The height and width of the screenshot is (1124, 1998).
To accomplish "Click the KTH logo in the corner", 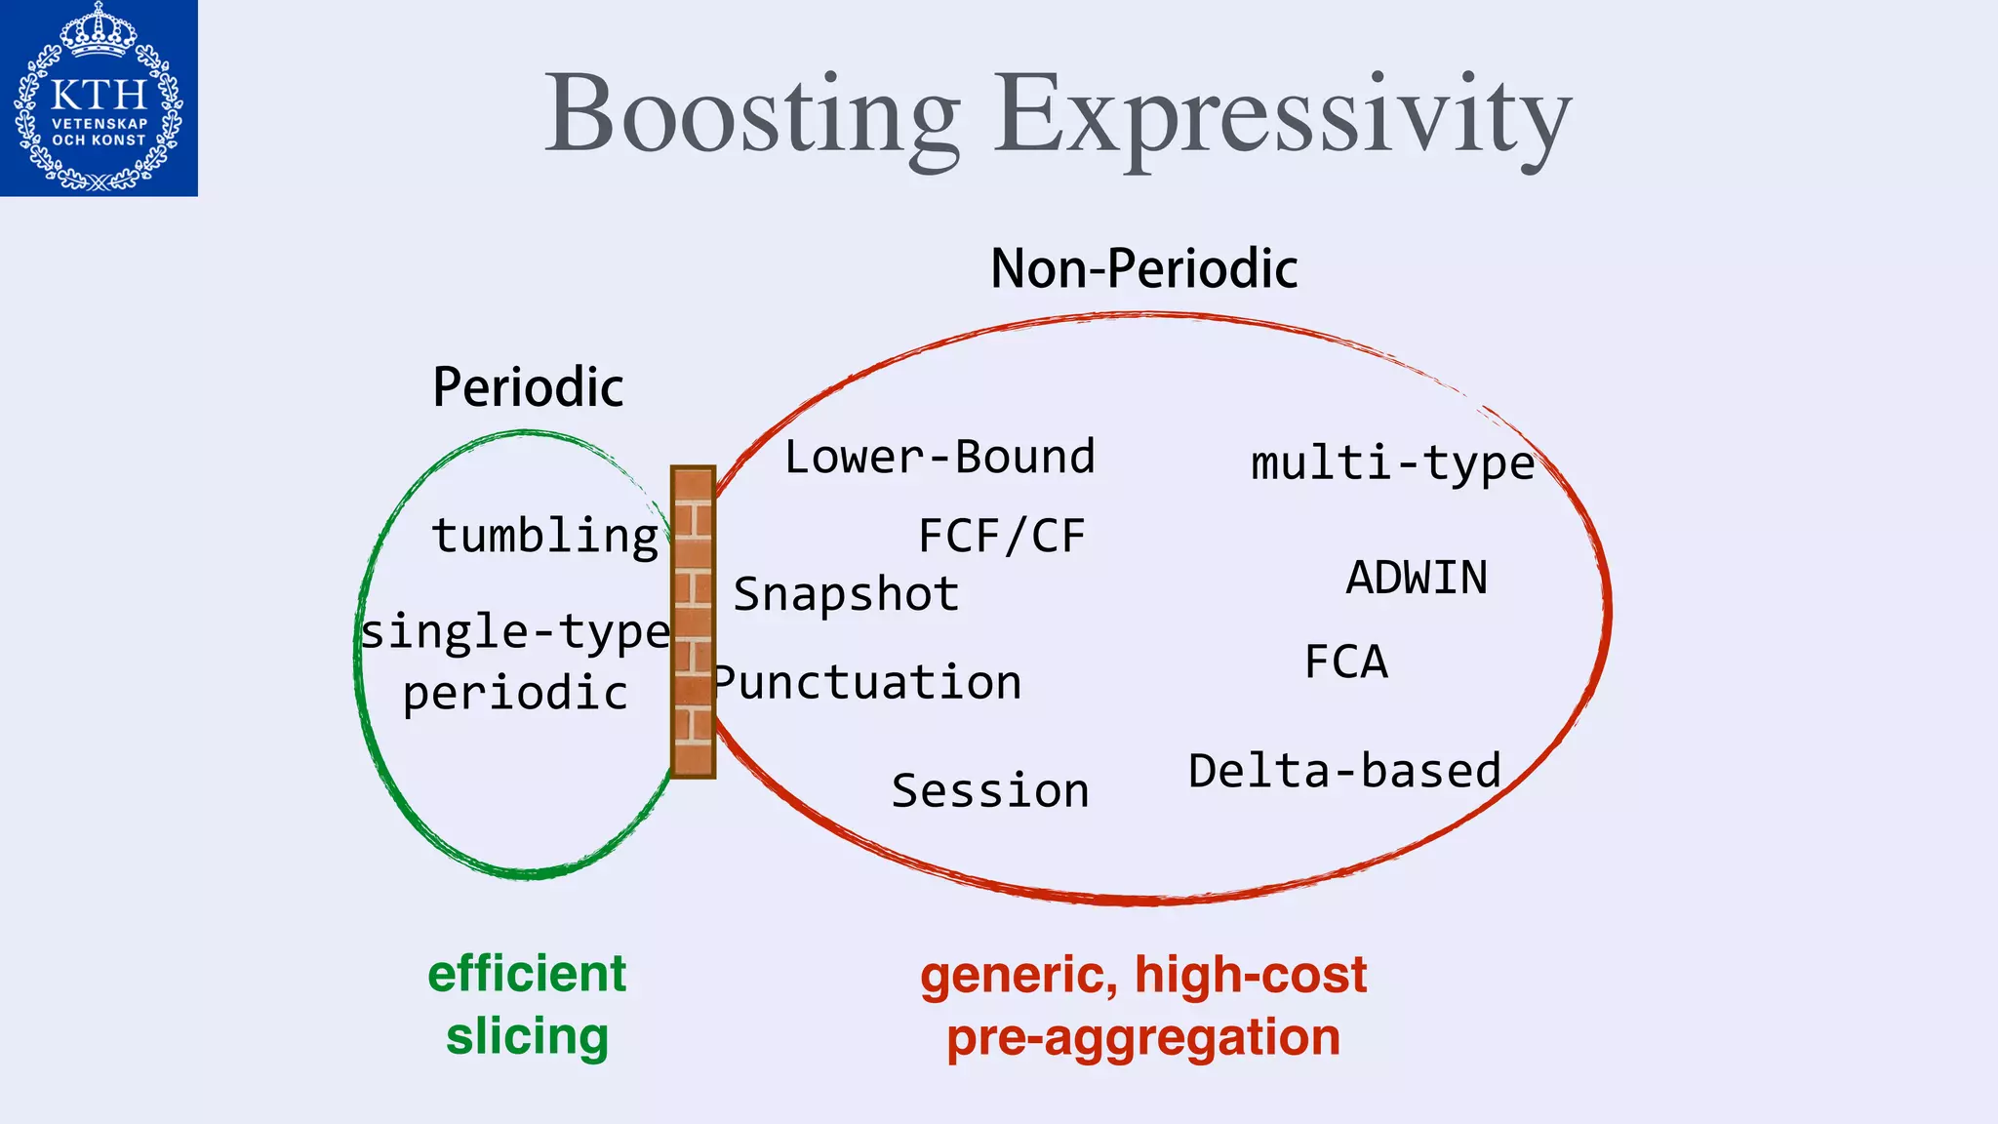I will coord(99,98).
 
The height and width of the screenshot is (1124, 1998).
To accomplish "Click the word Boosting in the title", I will coord(751,115).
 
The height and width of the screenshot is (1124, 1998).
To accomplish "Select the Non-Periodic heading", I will coord(1143,268).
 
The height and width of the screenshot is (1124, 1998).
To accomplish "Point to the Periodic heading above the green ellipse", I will coord(528,387).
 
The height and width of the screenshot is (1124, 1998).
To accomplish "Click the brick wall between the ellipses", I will coord(693,622).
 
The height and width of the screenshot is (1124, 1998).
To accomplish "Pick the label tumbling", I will coord(545,536).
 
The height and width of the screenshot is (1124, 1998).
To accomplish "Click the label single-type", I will coord(515,632).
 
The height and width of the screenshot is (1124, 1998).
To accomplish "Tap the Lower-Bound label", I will coord(939,457).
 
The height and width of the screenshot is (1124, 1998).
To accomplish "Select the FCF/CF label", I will coord(1002,536).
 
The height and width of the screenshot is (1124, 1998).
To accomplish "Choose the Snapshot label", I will coord(846,594).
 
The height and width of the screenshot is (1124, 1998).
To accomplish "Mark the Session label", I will coord(990,790).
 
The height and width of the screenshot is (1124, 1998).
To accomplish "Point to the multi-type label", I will coord(1392,463).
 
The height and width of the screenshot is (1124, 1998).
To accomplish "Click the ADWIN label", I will coord(1417,578).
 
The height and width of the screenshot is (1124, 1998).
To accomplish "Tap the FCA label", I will coord(1346,662).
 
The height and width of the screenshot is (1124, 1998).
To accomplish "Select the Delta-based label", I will coord(1344,771).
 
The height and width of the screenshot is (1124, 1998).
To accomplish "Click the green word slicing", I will coord(527,1036).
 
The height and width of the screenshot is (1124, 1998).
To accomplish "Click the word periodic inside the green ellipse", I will coord(515,694).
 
